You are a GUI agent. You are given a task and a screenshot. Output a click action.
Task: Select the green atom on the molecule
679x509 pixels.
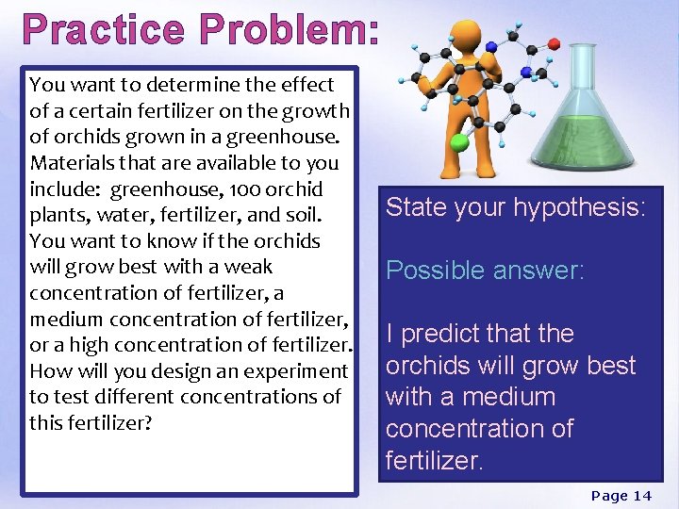459,143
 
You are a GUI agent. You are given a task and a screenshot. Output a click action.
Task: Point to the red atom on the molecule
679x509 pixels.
554,43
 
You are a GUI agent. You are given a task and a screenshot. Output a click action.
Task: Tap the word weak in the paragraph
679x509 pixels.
249,267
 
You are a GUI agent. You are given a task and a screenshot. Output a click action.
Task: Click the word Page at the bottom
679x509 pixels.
608,496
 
